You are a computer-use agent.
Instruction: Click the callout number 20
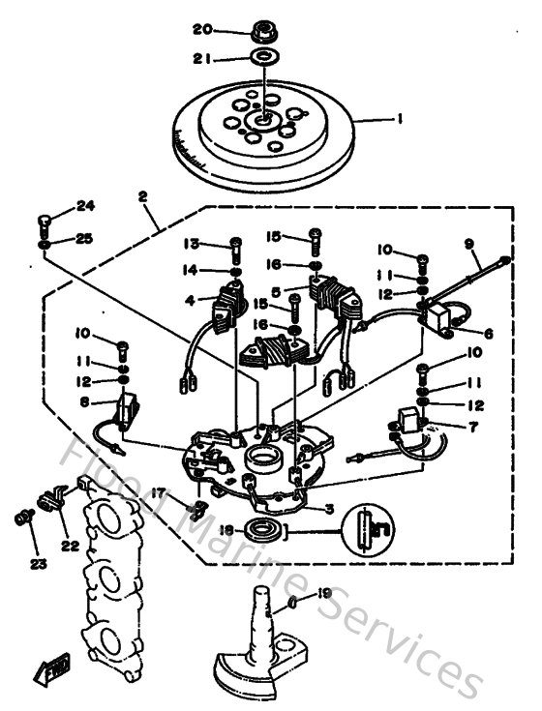coord(201,27)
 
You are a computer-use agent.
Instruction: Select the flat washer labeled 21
coord(261,59)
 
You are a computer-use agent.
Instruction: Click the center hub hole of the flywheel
coord(262,121)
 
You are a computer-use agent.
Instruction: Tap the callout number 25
coord(86,238)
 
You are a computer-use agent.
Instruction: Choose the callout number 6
coord(488,333)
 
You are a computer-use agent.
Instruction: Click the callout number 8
coord(84,401)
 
